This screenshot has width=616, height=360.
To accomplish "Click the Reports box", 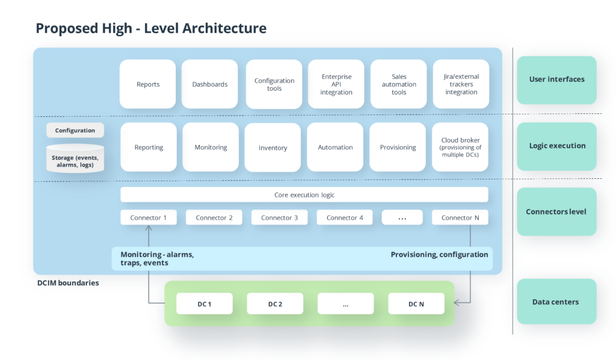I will pos(148,84).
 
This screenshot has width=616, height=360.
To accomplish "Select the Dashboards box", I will pos(210,84).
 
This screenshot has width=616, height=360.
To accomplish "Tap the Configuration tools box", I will pos(274,84).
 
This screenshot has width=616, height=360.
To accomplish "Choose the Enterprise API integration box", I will pos(336,84).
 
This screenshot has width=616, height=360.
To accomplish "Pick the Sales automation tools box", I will pos(399,84).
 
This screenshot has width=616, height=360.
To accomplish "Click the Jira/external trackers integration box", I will pos(461,84).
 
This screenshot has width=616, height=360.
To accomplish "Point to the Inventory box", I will pos(273,147).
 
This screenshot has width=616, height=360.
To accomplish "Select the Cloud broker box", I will pos(461,147).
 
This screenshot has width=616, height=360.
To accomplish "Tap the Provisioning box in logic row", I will pos(398,147).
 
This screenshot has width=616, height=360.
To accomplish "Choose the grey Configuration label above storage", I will pos(75,130).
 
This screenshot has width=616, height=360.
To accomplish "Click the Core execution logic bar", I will pos(304,195).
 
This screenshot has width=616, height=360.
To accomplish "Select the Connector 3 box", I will pos(279,217).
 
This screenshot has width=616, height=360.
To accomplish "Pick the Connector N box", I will pos(460,217).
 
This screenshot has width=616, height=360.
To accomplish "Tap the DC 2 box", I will pos(275,304).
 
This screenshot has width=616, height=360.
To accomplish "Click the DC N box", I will pos(416,304).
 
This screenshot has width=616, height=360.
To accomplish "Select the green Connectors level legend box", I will pos(556,212).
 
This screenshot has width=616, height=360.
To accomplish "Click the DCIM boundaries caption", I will pos(67,282).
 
